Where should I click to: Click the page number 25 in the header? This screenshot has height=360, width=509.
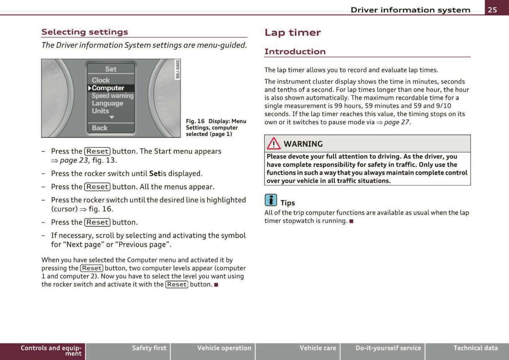click(492, 10)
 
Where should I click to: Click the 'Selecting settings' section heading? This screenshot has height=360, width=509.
click(85, 32)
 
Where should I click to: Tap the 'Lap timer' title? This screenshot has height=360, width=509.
click(292, 33)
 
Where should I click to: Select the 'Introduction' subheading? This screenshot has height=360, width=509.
click(295, 52)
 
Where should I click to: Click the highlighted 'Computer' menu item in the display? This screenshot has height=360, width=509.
click(108, 88)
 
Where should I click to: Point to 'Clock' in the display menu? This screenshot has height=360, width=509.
click(101, 80)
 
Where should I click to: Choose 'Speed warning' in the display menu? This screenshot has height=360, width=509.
click(112, 96)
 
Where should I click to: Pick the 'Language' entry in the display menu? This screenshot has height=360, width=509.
click(107, 103)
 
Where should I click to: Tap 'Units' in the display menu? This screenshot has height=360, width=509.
click(100, 111)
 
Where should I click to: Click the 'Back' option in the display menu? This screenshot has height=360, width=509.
click(100, 128)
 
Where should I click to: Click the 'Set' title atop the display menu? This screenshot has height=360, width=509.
click(111, 69)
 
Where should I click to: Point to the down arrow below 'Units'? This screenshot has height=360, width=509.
click(112, 117)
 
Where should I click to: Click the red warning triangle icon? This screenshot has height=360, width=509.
click(273, 144)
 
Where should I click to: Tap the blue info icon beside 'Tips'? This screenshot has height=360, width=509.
click(271, 200)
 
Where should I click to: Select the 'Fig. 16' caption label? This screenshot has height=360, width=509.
click(195, 121)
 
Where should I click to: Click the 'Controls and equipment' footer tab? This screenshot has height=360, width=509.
click(51, 350)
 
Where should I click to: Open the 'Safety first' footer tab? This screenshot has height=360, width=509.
click(149, 348)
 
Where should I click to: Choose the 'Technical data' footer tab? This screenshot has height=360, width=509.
click(475, 348)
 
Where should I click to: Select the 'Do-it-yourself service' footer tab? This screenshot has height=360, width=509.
click(388, 348)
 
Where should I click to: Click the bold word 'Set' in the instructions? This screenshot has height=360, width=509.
click(155, 173)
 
